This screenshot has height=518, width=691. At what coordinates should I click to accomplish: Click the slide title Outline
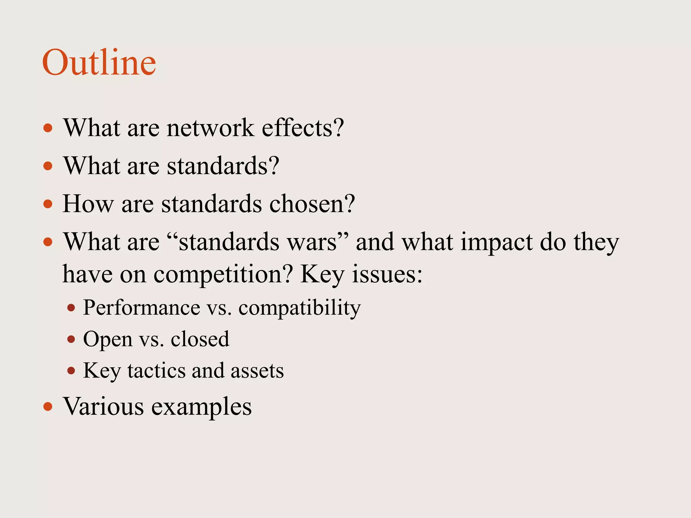(99, 63)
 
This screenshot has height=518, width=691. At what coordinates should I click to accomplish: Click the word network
(210, 128)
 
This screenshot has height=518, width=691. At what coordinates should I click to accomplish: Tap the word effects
(303, 128)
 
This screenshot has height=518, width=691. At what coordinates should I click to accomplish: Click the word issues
(387, 274)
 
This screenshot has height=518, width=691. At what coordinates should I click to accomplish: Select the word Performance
(142, 308)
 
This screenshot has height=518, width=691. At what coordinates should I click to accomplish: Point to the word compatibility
(300, 308)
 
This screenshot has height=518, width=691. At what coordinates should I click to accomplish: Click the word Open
(108, 339)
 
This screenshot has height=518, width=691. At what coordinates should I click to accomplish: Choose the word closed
(200, 339)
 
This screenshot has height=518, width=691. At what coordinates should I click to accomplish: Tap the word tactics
(156, 371)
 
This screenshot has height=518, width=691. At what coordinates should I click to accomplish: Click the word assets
(257, 371)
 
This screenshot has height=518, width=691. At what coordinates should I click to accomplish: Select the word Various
(104, 406)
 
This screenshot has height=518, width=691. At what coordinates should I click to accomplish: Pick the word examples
(201, 407)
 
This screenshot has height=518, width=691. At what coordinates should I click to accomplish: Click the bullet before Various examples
(48, 406)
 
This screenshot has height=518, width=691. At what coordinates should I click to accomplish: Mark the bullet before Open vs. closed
(71, 339)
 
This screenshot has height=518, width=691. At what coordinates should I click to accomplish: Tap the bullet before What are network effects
(48, 128)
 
